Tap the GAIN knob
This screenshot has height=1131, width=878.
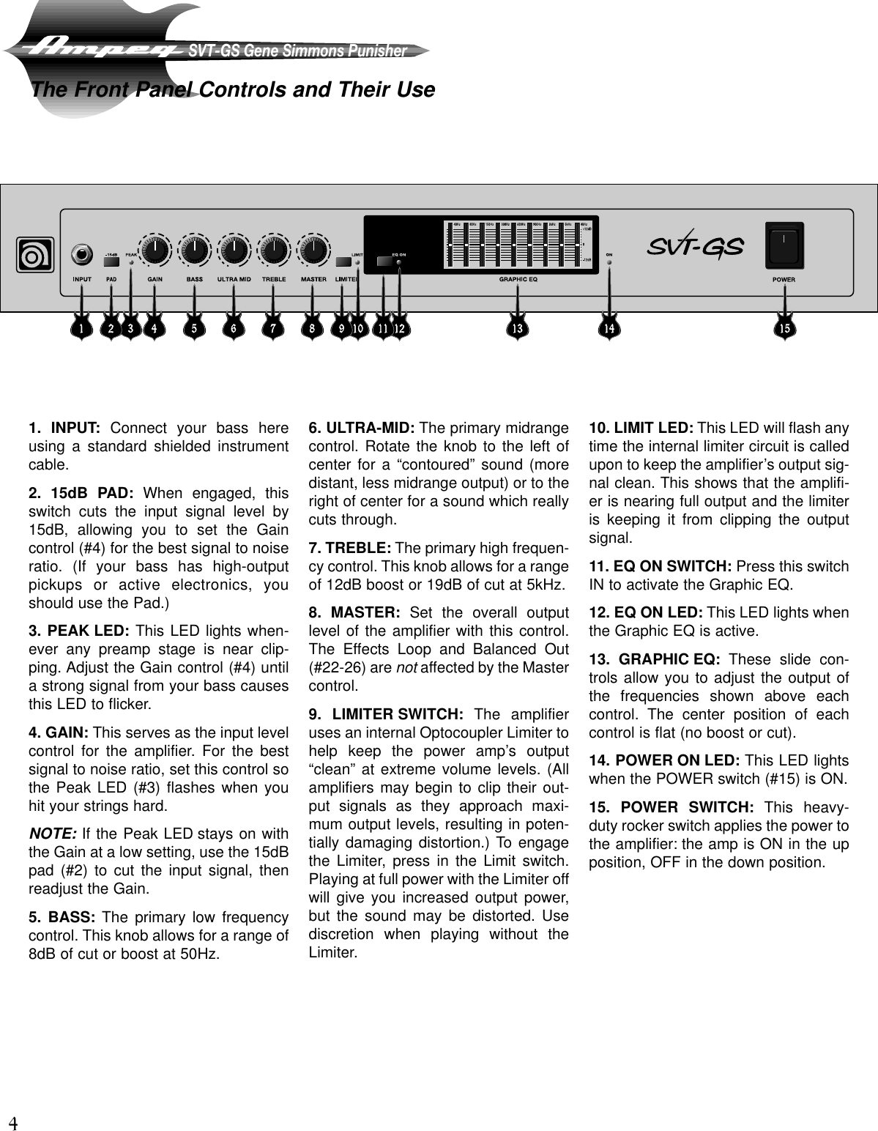155,251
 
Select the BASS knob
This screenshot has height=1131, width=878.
195,251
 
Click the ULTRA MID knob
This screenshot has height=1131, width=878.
234,251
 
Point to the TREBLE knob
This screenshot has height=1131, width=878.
274,251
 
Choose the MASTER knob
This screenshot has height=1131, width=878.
313,251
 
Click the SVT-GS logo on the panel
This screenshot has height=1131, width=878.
695,248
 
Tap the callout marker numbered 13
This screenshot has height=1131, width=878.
518,329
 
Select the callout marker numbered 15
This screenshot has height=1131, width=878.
784,329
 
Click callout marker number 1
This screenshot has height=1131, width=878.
81,329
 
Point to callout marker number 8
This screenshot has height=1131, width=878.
313,329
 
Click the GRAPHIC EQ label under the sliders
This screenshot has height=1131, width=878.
518,279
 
